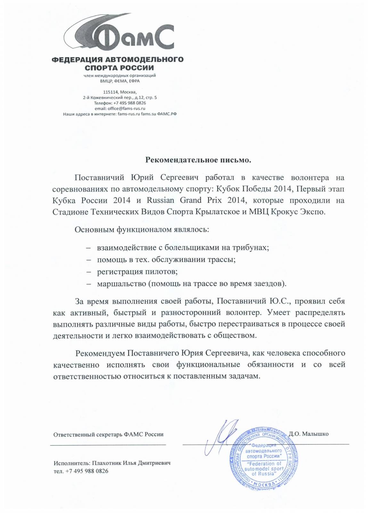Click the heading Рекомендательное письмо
tap(199, 160)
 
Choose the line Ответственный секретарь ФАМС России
tap(108, 434)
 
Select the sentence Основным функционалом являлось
tap(142, 230)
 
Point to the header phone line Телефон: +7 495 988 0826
tap(120, 103)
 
